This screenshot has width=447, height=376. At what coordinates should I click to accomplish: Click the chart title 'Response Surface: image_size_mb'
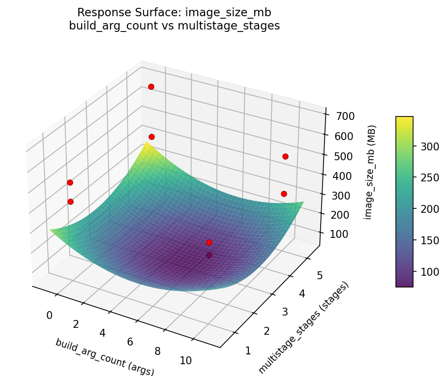coord(175,12)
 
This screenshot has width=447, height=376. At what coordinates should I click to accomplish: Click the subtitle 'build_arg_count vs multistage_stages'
coord(175,26)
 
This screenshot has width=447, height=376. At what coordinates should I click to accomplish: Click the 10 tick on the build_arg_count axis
coord(185,360)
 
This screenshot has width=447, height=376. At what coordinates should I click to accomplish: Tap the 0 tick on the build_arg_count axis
coord(49,315)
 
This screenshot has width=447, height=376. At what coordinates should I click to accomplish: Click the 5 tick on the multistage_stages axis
coord(320,276)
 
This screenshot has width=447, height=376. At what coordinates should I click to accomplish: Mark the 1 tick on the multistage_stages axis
coord(247,350)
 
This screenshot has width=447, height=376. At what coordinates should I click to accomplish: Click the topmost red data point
coord(151,87)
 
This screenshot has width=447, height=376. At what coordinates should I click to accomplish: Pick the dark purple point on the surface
coord(209,255)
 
